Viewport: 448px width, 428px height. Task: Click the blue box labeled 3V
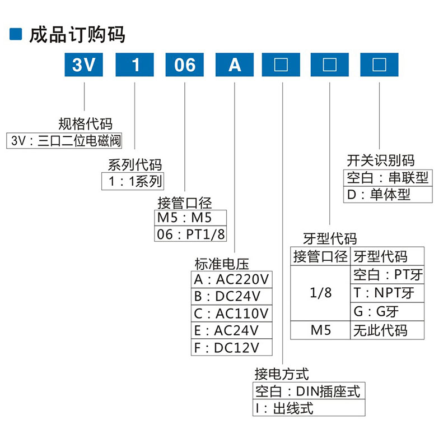point(83,65)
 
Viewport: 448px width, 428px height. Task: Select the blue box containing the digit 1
point(135,65)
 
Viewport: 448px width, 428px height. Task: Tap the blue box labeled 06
point(185,65)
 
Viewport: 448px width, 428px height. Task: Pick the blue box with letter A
point(235,65)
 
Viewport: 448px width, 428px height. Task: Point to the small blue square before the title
point(16,34)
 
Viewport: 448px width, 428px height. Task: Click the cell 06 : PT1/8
point(190,234)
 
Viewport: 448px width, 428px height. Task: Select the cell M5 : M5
point(190,218)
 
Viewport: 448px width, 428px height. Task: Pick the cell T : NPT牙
point(387,292)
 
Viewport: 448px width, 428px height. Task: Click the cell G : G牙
point(387,311)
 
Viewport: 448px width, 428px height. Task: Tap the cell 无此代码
point(387,330)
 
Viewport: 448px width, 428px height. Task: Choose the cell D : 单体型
point(388,195)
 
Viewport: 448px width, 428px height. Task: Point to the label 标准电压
point(221,263)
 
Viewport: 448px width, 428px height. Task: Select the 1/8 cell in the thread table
point(320,293)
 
